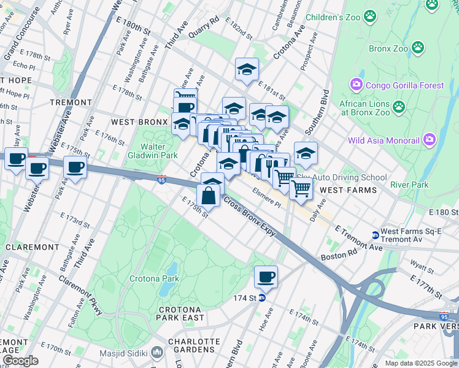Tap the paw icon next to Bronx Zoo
coord(417,47)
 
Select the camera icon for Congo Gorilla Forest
coord(356,85)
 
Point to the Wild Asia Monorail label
coord(384,140)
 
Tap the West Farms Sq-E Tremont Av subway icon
coord(375,235)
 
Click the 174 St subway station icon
coord(261,298)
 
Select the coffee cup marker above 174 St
coord(266,277)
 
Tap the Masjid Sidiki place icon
coord(157,353)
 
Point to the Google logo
coord(20,360)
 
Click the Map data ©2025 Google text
coord(421,363)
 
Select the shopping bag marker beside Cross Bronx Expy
coord(208,196)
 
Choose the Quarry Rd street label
coord(204,29)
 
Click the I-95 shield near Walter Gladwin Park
coord(161,180)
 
